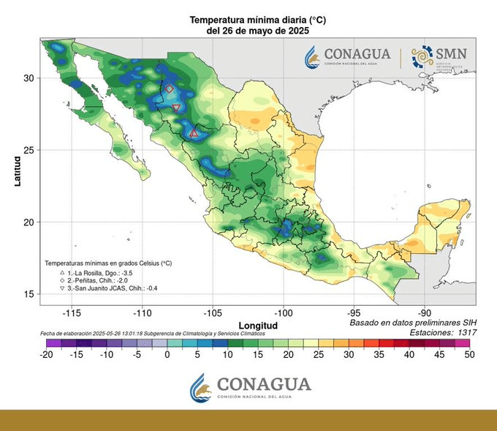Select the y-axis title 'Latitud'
click(x=17, y=170)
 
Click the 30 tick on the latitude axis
click(x=29, y=78)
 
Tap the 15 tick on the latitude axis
click(x=29, y=293)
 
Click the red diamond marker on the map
click(x=170, y=89)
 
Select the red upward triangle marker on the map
click(x=194, y=133)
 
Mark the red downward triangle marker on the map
click(x=176, y=108)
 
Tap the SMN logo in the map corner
click(x=439, y=56)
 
